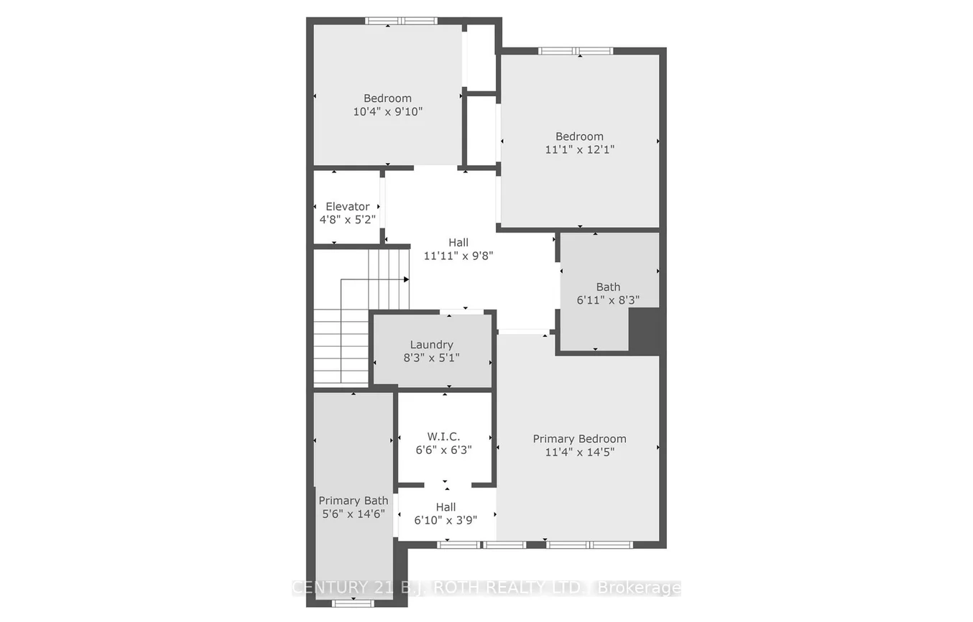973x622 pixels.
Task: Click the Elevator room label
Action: [348, 206]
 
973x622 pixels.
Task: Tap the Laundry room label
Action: [431, 345]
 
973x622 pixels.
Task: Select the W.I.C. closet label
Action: [443, 437]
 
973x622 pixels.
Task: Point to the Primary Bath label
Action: [354, 501]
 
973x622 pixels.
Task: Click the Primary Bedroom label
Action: [579, 439]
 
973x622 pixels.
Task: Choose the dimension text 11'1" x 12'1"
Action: [579, 149]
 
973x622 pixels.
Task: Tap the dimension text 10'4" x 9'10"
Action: [387, 111]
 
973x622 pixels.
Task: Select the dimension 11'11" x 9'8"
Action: [458, 255]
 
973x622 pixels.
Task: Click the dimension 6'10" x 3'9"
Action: [446, 520]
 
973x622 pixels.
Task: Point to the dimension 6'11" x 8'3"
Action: [608, 300]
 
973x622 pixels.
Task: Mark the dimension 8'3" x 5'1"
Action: [431, 358]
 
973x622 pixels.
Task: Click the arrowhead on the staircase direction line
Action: [406, 279]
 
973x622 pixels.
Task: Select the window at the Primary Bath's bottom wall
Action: [354, 603]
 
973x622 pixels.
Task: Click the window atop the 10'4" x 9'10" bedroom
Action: [401, 21]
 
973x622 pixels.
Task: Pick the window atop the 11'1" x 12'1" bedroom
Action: [576, 51]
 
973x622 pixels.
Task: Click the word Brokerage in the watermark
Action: [640, 588]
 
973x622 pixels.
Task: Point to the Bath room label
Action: [608, 287]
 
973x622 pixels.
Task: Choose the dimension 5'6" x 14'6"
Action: [354, 514]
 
